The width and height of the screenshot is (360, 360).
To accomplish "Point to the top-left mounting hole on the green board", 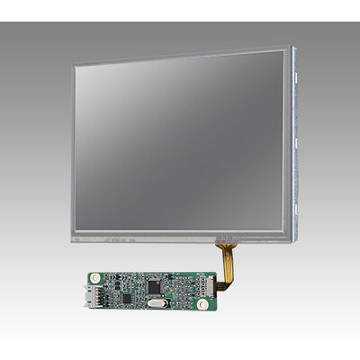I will [93, 274].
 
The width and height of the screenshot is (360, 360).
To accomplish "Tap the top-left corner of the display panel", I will [74, 63].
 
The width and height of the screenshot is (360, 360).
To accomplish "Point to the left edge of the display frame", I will [73, 153].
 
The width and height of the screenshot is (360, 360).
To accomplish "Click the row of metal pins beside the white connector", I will [103, 292].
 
